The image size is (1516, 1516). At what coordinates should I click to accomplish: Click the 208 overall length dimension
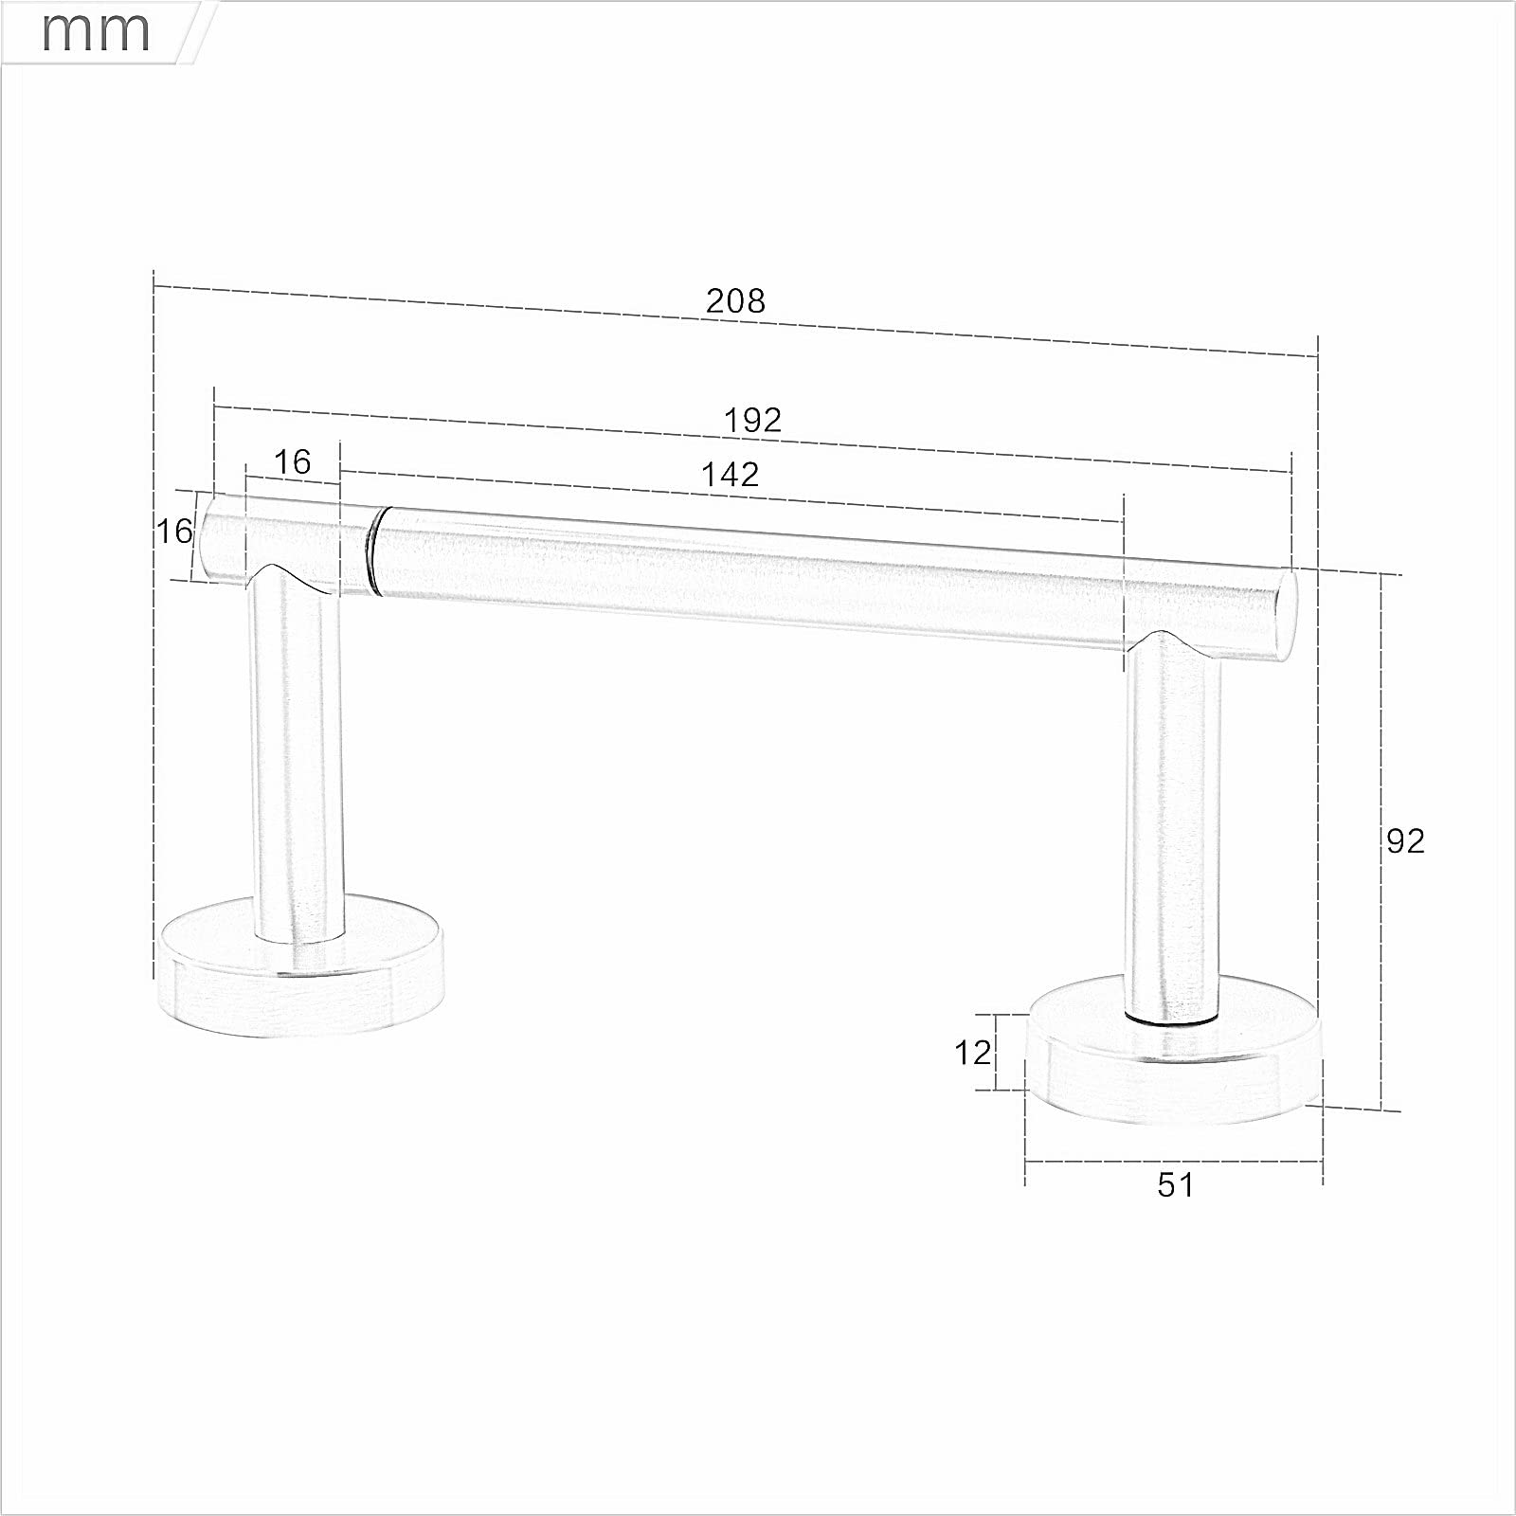[x=735, y=300]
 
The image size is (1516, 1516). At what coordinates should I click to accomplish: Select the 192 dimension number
[x=752, y=420]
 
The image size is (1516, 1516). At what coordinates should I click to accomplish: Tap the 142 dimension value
[x=731, y=474]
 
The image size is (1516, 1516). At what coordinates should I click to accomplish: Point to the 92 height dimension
[x=1405, y=840]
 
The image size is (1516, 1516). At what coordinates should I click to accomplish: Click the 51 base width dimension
[x=1176, y=1184]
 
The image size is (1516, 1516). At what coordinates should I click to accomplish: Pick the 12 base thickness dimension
[x=972, y=1052]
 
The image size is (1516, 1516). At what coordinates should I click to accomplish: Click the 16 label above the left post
[x=292, y=461]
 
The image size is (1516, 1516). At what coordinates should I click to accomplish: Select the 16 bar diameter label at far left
[x=174, y=531]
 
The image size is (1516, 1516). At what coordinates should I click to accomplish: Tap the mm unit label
[x=96, y=30]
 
